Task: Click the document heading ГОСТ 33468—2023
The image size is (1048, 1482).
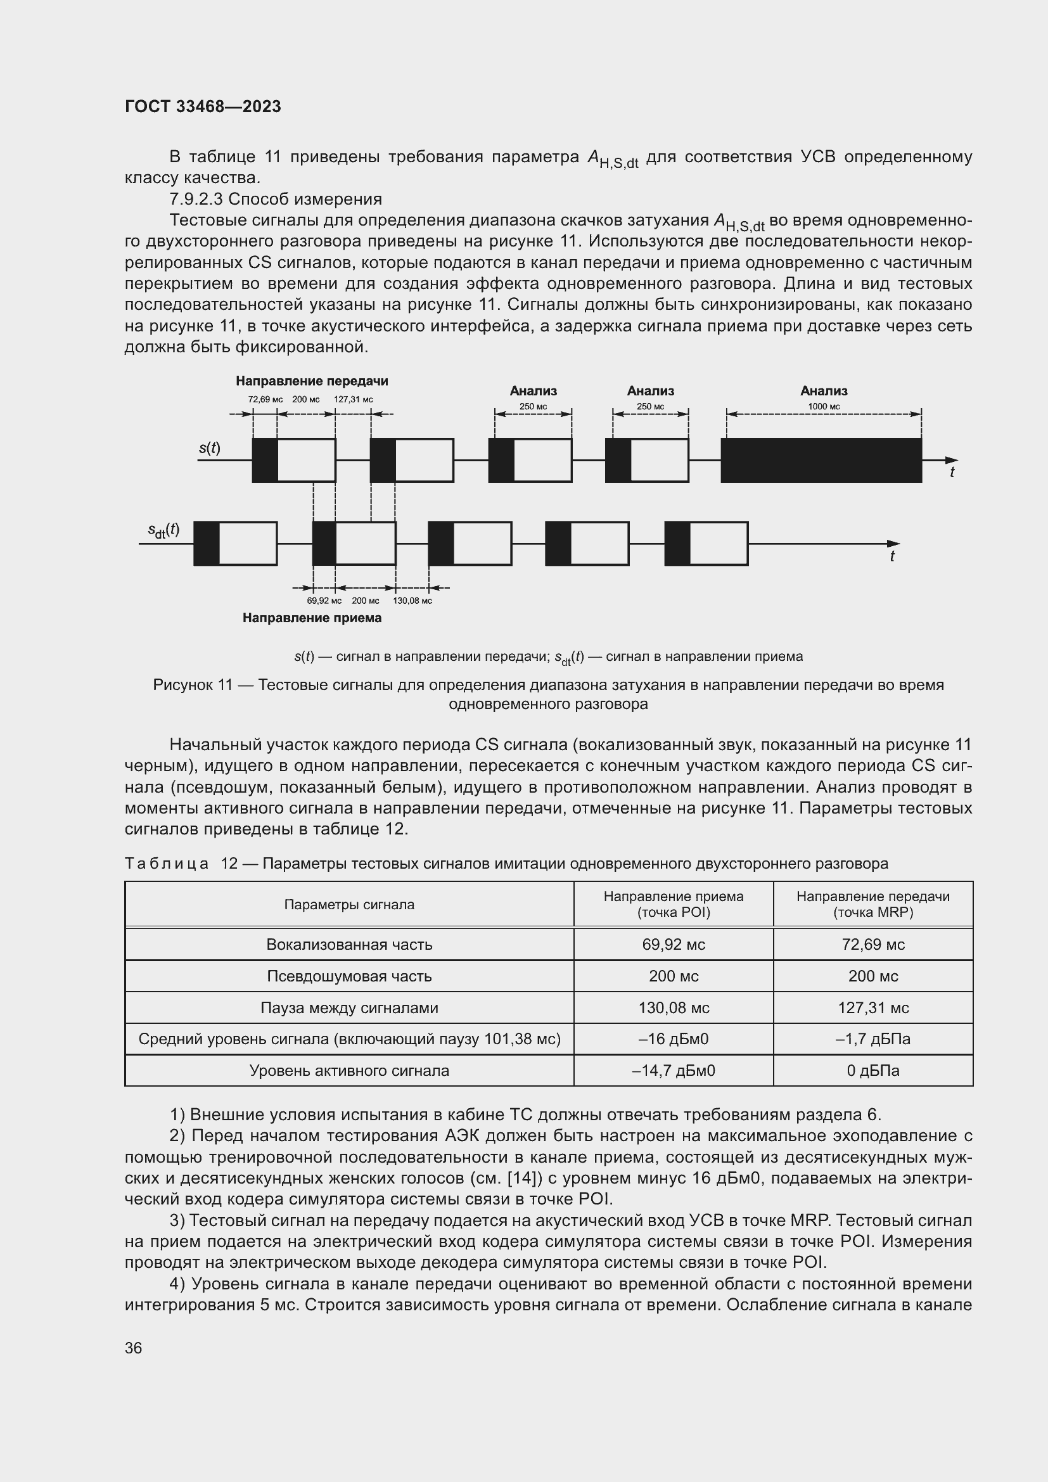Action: tap(203, 106)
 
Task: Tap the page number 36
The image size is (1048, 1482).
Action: tap(133, 1348)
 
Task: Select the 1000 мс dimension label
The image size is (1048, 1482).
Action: tap(824, 407)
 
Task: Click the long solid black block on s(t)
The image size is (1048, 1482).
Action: tap(821, 460)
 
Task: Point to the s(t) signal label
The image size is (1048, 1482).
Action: tap(209, 448)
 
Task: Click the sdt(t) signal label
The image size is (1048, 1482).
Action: tap(163, 530)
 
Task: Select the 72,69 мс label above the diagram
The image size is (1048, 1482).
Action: tap(265, 400)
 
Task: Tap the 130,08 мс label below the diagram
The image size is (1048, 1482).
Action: tap(412, 600)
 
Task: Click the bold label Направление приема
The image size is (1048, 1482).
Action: tap(312, 618)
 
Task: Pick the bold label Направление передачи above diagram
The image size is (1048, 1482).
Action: tap(312, 381)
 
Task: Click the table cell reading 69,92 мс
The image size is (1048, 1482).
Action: tap(673, 944)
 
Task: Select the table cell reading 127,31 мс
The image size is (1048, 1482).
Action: tap(872, 1007)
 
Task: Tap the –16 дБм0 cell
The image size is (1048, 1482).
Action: tap(673, 1038)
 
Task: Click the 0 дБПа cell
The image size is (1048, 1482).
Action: tap(872, 1070)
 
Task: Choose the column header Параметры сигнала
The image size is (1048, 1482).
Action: tap(349, 904)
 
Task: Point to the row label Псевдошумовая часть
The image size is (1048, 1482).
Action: tap(349, 976)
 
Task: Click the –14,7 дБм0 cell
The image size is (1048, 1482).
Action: tap(673, 1070)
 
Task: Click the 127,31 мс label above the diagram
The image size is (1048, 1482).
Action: tap(353, 400)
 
